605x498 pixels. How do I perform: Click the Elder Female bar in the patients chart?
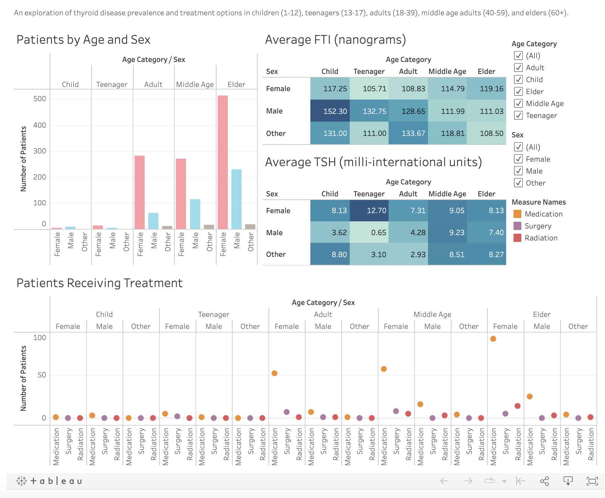point(223,162)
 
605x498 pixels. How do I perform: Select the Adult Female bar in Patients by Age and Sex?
point(140,192)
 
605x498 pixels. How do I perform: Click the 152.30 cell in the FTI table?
point(330,111)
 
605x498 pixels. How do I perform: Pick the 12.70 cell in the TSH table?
point(369,211)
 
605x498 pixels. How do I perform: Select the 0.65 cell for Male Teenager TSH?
point(369,233)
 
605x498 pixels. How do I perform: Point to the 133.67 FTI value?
point(408,133)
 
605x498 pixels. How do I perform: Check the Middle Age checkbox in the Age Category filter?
point(518,103)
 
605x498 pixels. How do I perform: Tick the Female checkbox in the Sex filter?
point(518,159)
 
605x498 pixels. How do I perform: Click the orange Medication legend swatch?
point(517,214)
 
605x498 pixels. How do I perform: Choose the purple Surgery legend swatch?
point(517,226)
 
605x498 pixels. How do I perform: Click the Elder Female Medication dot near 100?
point(493,339)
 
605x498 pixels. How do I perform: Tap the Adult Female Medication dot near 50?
point(274,373)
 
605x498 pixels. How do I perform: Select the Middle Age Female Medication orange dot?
point(384,369)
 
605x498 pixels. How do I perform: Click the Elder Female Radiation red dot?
point(517,406)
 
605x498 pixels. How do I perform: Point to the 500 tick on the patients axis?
point(40,99)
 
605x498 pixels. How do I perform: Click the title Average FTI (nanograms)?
point(335,40)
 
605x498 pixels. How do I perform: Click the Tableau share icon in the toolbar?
point(544,481)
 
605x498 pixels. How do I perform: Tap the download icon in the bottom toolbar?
point(568,481)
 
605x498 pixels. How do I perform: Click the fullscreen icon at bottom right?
point(592,481)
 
